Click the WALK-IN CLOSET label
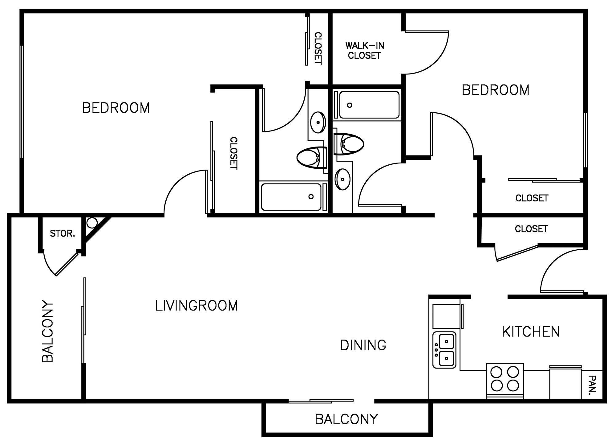click(365, 50)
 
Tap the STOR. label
click(63, 234)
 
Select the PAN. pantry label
click(592, 385)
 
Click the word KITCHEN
click(531, 332)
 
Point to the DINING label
click(363, 345)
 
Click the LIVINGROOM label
click(197, 306)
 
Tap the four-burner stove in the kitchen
click(505, 381)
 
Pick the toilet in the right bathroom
click(349, 144)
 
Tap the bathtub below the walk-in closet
click(367, 105)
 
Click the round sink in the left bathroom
click(318, 122)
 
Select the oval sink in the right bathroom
click(342, 179)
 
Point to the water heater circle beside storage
click(92, 222)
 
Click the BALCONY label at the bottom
click(346, 419)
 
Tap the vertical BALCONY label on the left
click(48, 331)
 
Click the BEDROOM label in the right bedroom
click(496, 90)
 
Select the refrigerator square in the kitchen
click(446, 316)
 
